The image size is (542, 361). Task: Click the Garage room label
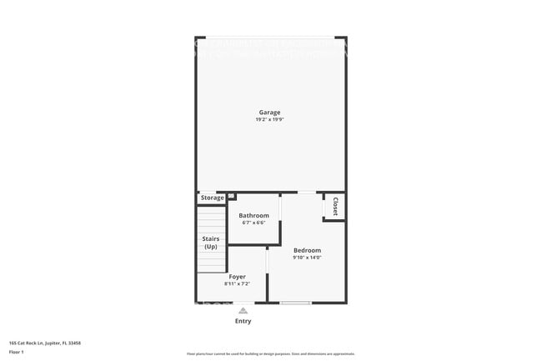(x=269, y=113)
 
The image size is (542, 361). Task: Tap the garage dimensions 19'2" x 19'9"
(x=269, y=120)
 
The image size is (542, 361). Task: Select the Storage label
(x=212, y=198)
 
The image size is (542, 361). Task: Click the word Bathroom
(x=253, y=216)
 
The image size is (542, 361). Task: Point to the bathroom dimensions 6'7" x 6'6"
(x=253, y=223)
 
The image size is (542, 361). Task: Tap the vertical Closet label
(x=335, y=206)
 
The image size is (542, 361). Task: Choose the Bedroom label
(x=307, y=250)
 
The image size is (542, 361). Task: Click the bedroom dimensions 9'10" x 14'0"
(x=307, y=258)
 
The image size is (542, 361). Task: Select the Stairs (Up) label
(x=211, y=243)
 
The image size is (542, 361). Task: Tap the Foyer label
(x=237, y=277)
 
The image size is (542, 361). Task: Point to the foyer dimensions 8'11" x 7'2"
(x=237, y=284)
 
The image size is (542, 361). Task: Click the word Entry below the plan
(x=243, y=321)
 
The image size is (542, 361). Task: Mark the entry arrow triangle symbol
(x=243, y=310)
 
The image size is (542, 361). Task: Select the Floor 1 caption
(x=18, y=352)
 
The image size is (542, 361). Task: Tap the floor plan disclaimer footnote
(x=270, y=354)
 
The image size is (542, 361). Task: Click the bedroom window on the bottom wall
(x=295, y=303)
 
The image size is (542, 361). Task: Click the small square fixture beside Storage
(x=231, y=197)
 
